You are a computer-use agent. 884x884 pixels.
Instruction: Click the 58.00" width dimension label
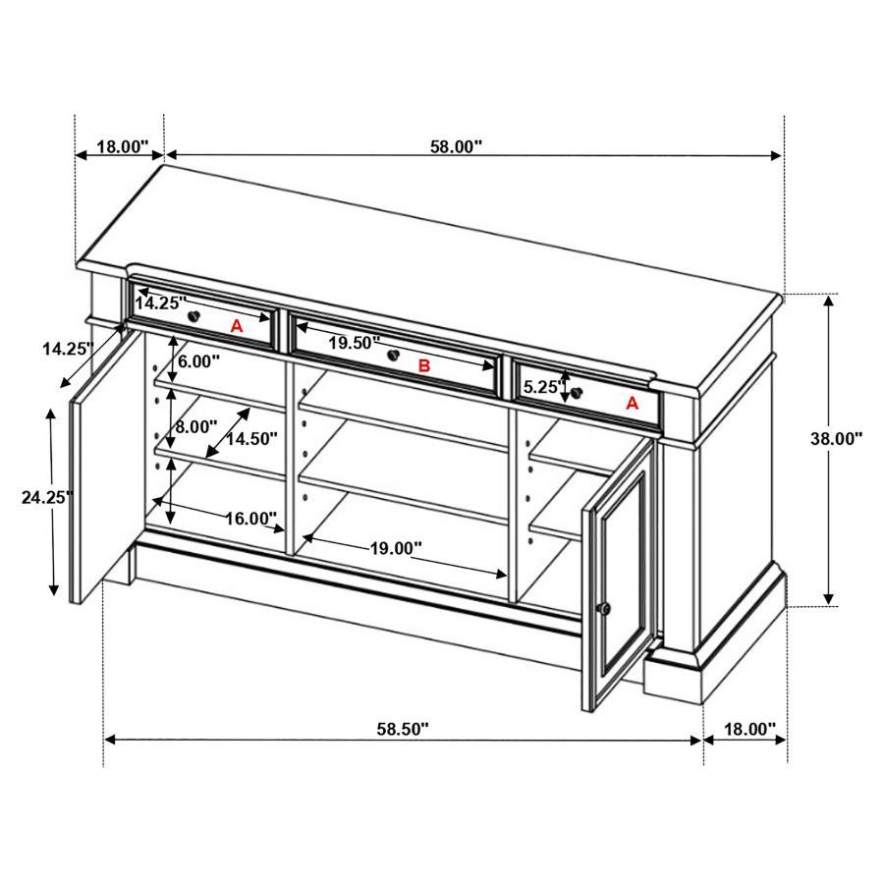(456, 147)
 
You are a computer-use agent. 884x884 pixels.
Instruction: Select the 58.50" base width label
(403, 730)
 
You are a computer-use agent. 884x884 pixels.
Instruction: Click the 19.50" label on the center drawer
(354, 343)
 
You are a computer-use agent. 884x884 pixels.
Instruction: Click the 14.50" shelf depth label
(251, 437)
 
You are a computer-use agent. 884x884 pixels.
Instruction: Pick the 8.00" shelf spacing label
(196, 426)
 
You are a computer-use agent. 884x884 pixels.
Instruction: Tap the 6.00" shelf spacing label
(199, 360)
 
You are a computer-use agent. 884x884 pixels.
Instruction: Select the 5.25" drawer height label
(542, 387)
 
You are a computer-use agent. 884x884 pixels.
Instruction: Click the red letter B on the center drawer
(424, 366)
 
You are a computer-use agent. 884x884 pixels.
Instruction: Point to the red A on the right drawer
(632, 403)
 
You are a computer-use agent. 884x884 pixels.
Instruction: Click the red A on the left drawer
(236, 326)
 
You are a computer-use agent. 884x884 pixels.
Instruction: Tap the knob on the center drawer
(393, 356)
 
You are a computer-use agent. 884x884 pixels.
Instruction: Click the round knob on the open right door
(605, 609)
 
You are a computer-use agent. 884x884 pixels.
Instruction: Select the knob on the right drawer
(577, 395)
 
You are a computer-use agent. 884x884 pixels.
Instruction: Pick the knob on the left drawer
(195, 315)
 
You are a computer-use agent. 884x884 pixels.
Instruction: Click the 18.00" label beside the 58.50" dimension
(749, 730)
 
